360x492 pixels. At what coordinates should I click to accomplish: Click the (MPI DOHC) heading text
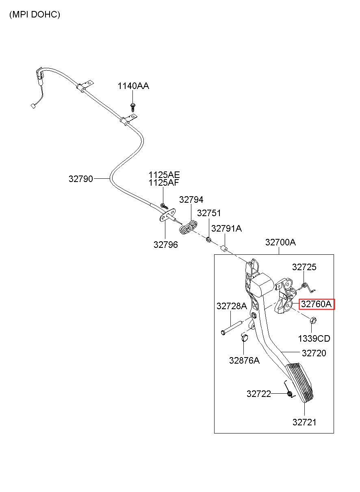[x=35, y=15]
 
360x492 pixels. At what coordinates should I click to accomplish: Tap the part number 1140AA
[x=133, y=86]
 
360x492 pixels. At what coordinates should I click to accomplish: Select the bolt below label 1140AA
[x=132, y=107]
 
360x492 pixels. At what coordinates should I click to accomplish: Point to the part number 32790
[x=81, y=179]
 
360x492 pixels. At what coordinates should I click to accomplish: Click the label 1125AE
[x=164, y=175]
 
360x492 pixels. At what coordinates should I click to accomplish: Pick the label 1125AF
[x=164, y=182]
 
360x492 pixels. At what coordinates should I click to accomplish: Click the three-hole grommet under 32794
[x=188, y=228]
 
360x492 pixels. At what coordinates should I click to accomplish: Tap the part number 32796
[x=166, y=245]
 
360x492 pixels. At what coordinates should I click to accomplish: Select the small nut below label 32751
[x=209, y=239]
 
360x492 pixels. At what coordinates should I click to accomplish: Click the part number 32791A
[x=226, y=229]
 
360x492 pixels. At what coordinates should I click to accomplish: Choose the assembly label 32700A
[x=280, y=242]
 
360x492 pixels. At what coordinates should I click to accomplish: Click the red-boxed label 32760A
[x=316, y=304]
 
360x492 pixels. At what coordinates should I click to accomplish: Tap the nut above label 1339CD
[x=313, y=321]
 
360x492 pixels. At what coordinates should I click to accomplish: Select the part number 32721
[x=304, y=423]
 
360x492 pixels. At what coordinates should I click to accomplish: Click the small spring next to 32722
[x=289, y=393]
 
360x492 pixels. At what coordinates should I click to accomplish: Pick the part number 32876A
[x=244, y=360]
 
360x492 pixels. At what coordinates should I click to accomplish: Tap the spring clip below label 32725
[x=307, y=288]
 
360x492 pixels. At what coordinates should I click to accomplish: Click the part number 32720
[x=314, y=353]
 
